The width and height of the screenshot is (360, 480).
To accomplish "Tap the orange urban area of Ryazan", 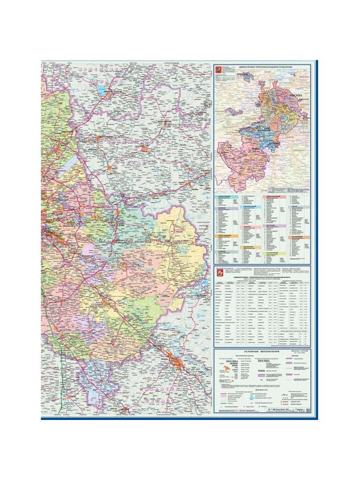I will tap(177, 362).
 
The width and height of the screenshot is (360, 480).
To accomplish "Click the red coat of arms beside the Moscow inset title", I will tap(219, 71).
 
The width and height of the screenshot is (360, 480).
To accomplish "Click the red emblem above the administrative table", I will tap(219, 274).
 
